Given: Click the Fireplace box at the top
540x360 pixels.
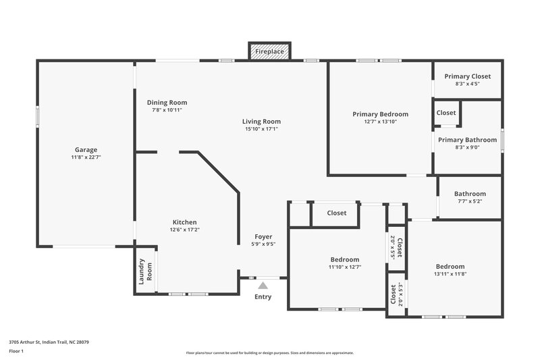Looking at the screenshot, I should [270, 51].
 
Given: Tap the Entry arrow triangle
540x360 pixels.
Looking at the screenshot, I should [263, 286].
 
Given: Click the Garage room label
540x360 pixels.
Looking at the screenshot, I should [86, 150].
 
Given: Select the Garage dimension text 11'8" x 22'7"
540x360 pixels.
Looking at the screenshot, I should [86, 157].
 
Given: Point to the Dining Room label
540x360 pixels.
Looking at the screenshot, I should [167, 103].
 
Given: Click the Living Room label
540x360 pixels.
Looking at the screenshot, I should [261, 122].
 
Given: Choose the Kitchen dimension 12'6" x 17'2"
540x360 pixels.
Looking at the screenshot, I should [184, 230].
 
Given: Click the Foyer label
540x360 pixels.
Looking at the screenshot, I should [263, 236].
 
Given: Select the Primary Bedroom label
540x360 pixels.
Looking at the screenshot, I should [380, 114].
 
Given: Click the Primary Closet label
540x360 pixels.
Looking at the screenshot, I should [467, 76].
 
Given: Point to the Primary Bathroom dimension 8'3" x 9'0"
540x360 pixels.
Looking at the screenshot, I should [467, 147].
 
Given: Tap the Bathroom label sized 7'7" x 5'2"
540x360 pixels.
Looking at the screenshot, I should [470, 194].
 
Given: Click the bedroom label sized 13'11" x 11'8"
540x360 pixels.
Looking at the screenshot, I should [450, 266].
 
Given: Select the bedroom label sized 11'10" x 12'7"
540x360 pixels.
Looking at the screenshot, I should [344, 259].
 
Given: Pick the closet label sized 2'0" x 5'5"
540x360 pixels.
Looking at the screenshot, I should [396, 247].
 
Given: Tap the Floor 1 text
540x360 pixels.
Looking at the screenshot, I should [16, 351].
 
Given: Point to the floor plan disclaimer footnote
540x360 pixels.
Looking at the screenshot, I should [269, 353].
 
